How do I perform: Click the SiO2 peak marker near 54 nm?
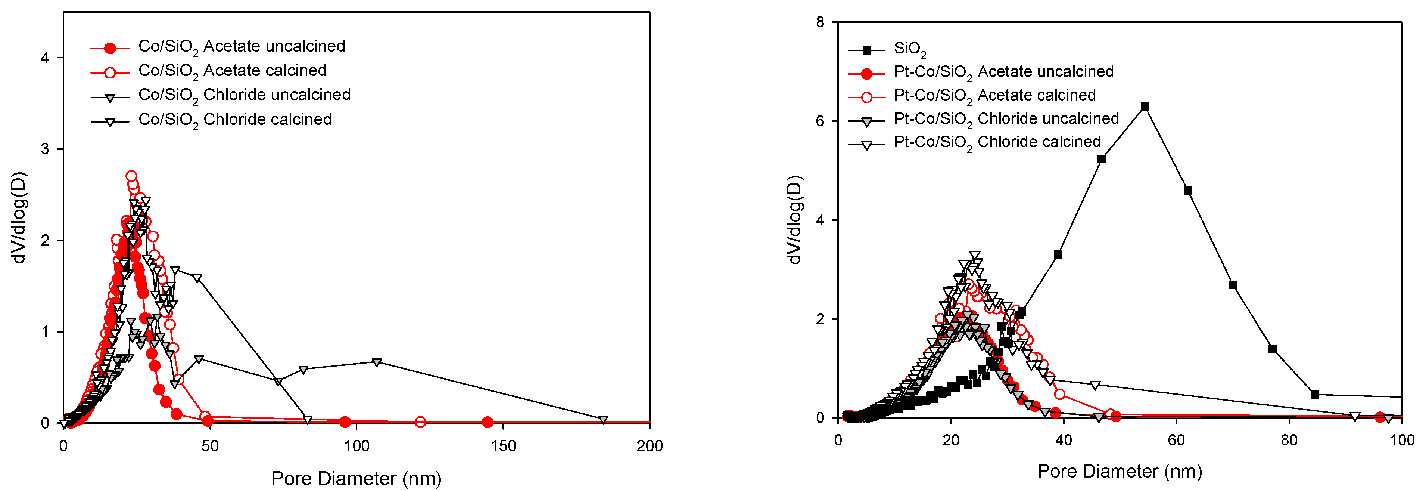tap(1145, 106)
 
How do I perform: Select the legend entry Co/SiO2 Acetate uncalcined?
tap(242, 46)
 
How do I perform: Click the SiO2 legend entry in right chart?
tap(909, 49)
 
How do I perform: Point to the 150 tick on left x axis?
tap(503, 446)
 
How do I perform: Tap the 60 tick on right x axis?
tap(1176, 440)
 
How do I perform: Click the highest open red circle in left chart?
tap(131, 176)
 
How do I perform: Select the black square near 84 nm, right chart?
tap(1315, 394)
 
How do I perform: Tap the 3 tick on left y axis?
tap(45, 149)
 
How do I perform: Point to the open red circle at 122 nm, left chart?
tap(420, 423)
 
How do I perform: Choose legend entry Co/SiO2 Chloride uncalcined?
tap(244, 95)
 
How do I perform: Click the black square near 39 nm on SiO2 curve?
tap(1058, 254)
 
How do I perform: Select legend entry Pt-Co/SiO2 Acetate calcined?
tap(994, 95)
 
